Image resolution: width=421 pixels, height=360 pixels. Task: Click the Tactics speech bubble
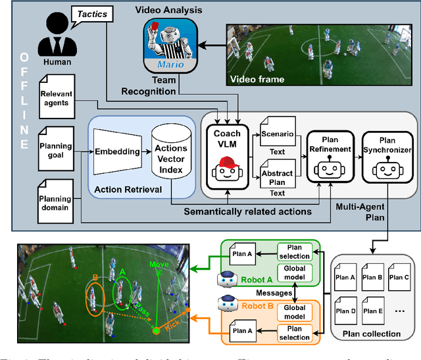point(92,13)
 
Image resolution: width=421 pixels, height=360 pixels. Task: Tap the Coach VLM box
point(227,152)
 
